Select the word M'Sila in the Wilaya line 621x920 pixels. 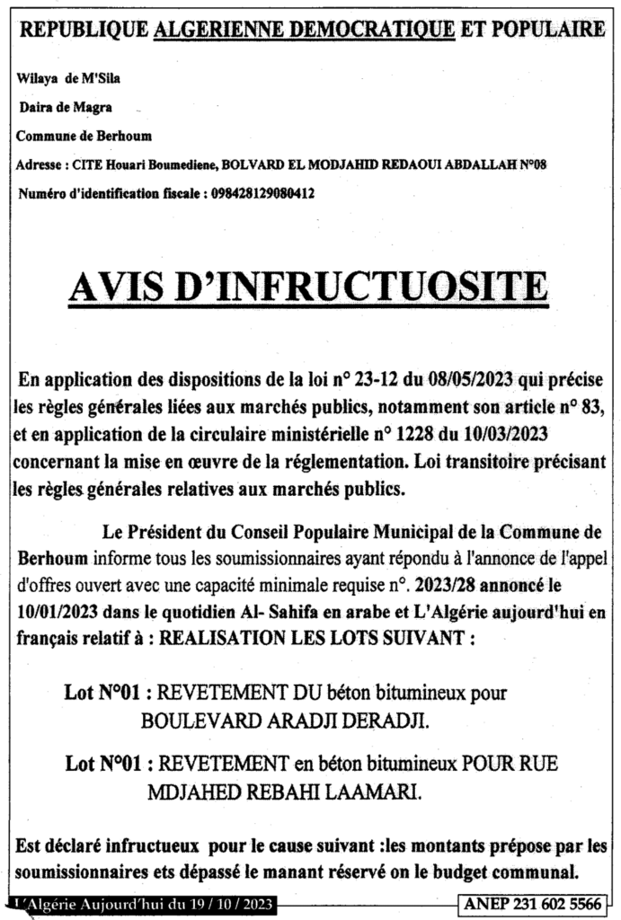pyautogui.click(x=102, y=78)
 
